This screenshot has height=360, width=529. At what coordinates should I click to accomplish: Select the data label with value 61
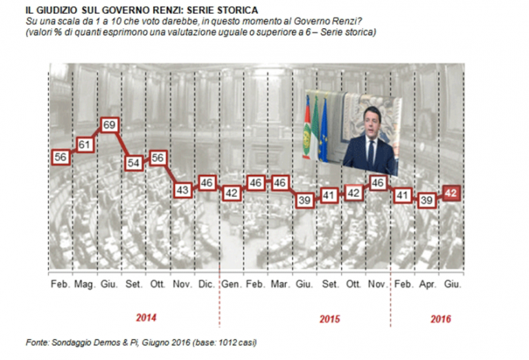(85, 145)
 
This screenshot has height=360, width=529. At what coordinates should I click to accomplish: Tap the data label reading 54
(134, 162)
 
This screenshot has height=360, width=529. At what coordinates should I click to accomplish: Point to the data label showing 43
(183, 189)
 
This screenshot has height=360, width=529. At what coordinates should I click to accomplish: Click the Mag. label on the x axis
(85, 284)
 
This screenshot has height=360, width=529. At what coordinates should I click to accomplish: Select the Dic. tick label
(207, 284)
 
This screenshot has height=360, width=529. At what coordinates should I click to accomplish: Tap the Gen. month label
(232, 284)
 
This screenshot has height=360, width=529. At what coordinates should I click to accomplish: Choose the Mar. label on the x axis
(280, 284)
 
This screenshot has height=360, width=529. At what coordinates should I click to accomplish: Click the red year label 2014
(146, 317)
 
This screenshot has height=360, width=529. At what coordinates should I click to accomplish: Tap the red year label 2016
(441, 318)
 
